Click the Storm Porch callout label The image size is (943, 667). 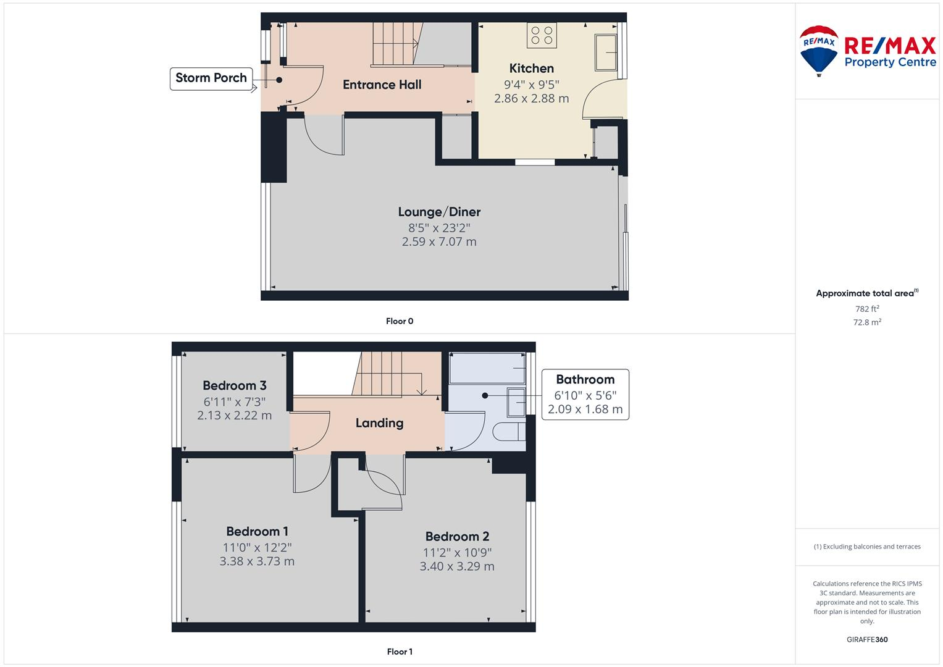click(x=211, y=78)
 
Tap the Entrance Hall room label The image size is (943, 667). click(x=382, y=85)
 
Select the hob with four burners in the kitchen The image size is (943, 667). click(x=542, y=35)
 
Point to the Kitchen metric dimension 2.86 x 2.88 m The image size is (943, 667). click(x=531, y=98)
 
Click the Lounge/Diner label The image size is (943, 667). click(x=439, y=212)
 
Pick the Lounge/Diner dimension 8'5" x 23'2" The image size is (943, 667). click(x=439, y=227)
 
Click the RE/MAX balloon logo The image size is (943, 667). click(x=819, y=51)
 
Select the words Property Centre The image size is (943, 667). click(x=890, y=62)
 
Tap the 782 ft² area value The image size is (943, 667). click(x=867, y=309)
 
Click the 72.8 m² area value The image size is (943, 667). click(x=867, y=322)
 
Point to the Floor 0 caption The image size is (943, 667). click(x=400, y=321)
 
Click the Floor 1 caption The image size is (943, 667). click(x=400, y=652)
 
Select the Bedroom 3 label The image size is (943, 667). click(x=235, y=386)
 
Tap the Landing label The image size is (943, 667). click(x=379, y=423)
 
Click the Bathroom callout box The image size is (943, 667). click(x=585, y=394)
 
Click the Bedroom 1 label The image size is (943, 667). click(x=257, y=532)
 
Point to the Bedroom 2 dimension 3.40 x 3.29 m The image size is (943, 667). click(x=457, y=566)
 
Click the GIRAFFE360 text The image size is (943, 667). click(x=867, y=639)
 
